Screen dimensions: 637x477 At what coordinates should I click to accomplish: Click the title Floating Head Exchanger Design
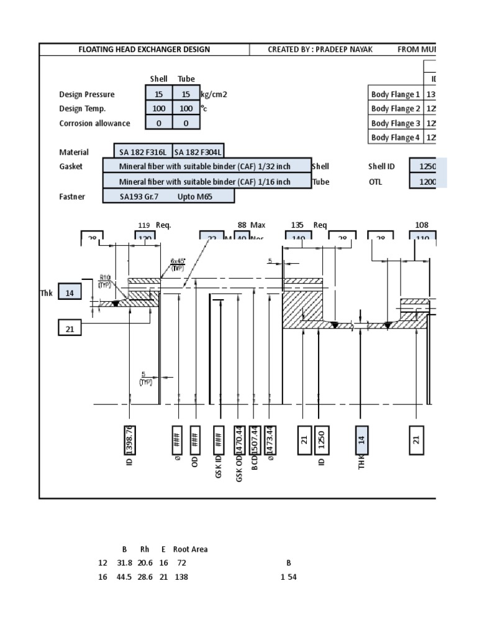pyautogui.click(x=144, y=49)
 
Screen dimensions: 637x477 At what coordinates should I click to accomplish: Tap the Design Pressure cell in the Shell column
pyautogui.click(x=159, y=94)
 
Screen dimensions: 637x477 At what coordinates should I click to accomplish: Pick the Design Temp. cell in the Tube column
pyautogui.click(x=186, y=108)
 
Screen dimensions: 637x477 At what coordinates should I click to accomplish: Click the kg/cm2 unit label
pyautogui.click(x=213, y=94)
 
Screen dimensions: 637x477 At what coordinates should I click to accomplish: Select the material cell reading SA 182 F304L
pyautogui.click(x=198, y=152)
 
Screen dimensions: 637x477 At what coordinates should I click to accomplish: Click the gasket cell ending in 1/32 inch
pyautogui.click(x=206, y=166)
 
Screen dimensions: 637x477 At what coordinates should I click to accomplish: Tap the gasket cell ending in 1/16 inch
pyautogui.click(x=206, y=182)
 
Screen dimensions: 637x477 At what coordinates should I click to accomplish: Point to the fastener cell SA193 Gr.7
pyautogui.click(x=142, y=197)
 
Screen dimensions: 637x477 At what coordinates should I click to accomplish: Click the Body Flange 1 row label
pyautogui.click(x=396, y=95)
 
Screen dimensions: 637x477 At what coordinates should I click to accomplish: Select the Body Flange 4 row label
pyautogui.click(x=396, y=137)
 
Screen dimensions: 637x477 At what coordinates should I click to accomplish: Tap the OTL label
pyautogui.click(x=375, y=182)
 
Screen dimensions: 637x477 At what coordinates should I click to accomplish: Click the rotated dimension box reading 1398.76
pyautogui.click(x=130, y=440)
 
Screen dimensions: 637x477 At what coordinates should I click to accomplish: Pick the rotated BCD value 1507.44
pyautogui.click(x=255, y=440)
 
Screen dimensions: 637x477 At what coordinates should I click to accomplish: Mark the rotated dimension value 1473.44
pyautogui.click(x=270, y=440)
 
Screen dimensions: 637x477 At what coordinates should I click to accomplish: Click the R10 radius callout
pyautogui.click(x=106, y=281)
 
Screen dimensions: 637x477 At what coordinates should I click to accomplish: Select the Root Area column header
pyautogui.click(x=190, y=549)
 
